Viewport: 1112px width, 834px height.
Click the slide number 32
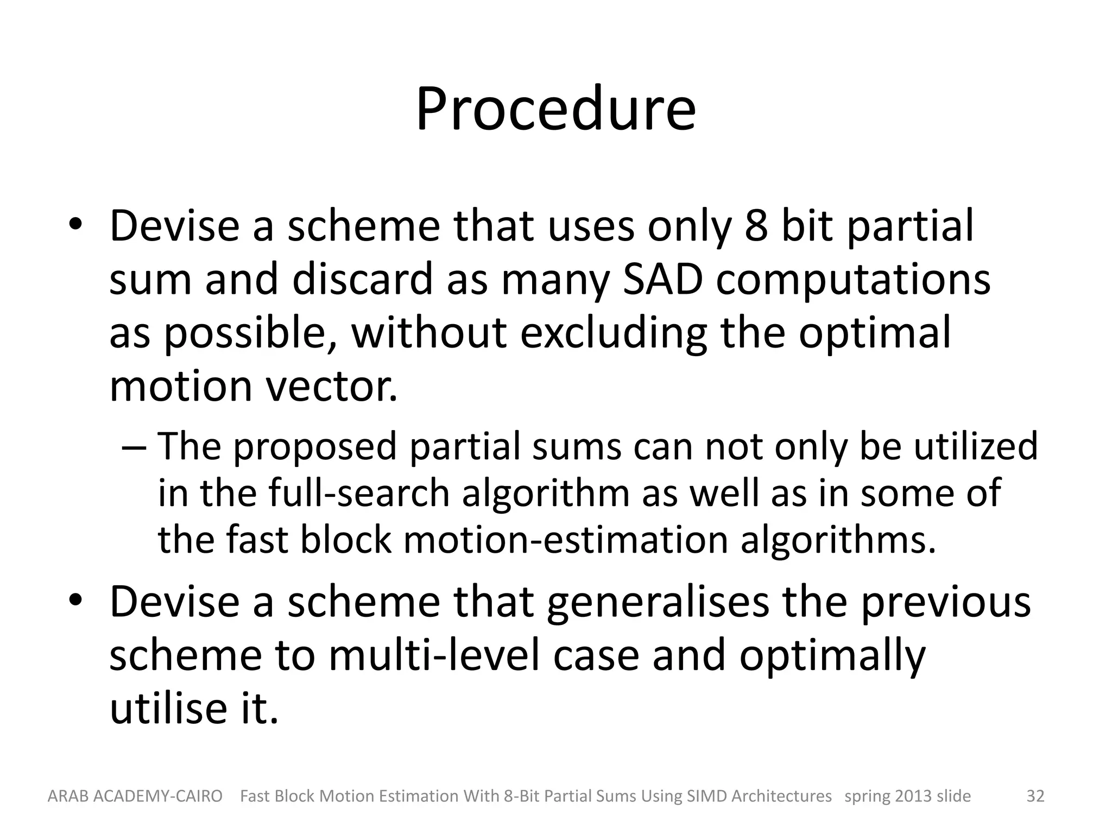pos(1035,796)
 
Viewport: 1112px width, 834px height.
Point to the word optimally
pos(832,655)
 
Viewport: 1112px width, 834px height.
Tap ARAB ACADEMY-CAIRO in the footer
pos(135,796)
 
